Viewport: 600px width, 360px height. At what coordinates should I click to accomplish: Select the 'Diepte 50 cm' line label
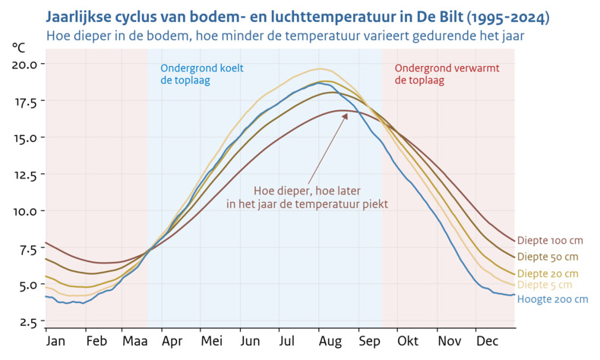(548, 257)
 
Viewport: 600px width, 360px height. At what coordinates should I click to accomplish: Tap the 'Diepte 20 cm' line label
(548, 273)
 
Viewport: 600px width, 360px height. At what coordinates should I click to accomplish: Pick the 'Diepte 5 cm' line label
(545, 285)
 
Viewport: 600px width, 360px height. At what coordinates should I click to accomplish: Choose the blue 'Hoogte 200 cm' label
(552, 299)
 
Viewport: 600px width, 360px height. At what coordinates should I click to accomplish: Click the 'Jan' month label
(55, 341)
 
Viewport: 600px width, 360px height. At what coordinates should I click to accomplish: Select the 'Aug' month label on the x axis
(329, 341)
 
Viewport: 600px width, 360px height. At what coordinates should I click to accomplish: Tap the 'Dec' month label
(487, 341)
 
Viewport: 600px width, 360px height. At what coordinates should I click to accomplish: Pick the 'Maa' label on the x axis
(134, 341)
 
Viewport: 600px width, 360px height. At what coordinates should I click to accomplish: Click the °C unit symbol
(18, 47)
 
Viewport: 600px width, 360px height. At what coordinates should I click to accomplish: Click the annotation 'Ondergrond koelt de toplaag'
(201, 74)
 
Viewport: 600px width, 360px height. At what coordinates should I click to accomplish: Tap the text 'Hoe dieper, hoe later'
(307, 191)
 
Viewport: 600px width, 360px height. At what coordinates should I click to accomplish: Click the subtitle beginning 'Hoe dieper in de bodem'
(285, 35)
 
